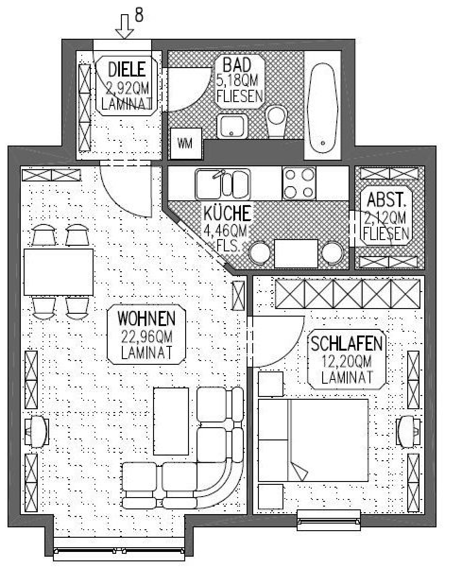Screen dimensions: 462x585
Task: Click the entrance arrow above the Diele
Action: (x=124, y=26)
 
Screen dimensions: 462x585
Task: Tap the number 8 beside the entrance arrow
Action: (x=139, y=15)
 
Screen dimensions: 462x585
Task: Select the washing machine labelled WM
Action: (x=187, y=143)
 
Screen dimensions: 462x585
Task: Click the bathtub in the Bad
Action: (x=323, y=109)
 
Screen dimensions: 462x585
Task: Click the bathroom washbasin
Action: (x=232, y=126)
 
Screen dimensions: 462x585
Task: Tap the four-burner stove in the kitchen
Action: (x=299, y=183)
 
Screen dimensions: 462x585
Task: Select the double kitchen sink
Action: (x=222, y=184)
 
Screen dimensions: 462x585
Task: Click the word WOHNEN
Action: (x=146, y=318)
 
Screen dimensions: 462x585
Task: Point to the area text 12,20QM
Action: (x=347, y=361)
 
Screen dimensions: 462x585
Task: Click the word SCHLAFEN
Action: (x=347, y=344)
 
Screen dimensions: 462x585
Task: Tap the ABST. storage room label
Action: (x=386, y=200)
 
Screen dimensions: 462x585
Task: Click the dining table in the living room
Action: (x=59, y=272)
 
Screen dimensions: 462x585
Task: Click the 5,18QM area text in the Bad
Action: (x=237, y=80)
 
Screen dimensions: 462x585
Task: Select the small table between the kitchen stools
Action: (x=296, y=254)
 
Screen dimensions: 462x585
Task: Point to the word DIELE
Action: (x=127, y=69)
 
